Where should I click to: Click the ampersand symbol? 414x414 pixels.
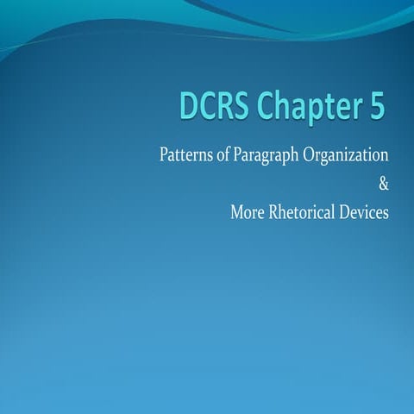384,184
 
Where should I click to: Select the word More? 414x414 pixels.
247,211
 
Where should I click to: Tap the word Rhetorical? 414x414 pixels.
304,211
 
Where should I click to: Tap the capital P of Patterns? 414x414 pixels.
164,156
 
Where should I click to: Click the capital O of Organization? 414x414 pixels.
306,156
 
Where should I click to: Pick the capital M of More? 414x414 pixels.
235,211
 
